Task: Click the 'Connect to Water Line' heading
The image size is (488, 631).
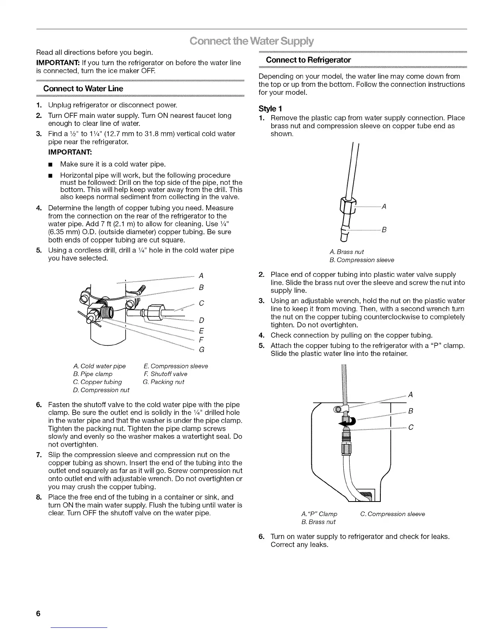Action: (x=83, y=88)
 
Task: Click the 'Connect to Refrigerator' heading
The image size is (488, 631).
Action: (x=308, y=60)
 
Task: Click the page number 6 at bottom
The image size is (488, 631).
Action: (x=38, y=613)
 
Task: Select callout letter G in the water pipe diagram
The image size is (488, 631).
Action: (x=202, y=350)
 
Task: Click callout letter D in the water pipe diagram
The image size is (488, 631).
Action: (x=201, y=321)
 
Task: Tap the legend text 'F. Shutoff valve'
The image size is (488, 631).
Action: (x=165, y=374)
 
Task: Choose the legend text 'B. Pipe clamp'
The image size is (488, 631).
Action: (x=93, y=374)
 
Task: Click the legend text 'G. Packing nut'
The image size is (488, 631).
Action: (x=163, y=382)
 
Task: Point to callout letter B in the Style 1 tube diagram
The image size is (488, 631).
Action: (x=384, y=229)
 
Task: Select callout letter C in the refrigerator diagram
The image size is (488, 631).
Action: (x=411, y=427)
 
